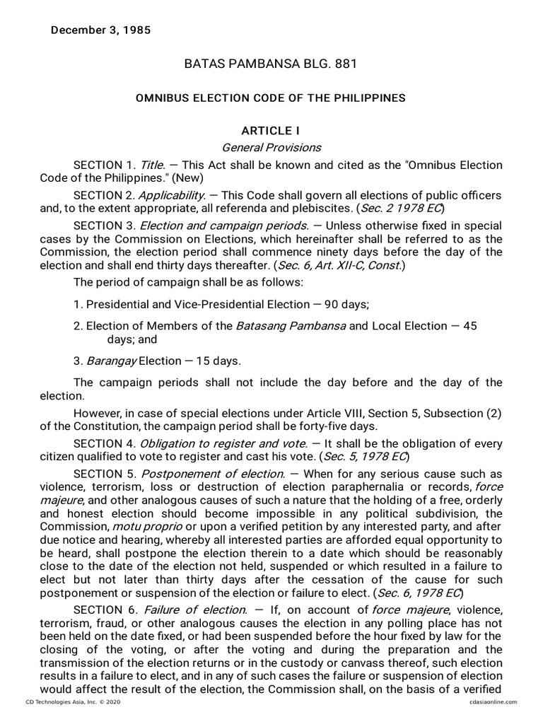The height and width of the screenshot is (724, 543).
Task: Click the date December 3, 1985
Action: tap(100, 30)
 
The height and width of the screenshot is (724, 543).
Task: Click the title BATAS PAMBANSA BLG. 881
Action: tap(271, 64)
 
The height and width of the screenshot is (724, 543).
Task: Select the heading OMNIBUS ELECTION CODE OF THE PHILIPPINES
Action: tap(271, 98)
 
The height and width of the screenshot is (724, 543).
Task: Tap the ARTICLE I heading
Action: tap(271, 131)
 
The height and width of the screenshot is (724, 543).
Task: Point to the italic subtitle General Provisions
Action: tap(271, 148)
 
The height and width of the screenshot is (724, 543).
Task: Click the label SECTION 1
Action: tap(104, 165)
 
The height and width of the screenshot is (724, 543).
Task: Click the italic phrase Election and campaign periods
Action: tap(224, 226)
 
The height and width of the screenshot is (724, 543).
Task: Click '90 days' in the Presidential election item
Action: tap(346, 304)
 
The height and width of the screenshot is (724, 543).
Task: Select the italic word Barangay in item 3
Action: tap(110, 361)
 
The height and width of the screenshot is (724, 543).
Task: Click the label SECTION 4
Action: tap(104, 443)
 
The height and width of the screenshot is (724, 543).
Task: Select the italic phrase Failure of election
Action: tap(196, 609)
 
